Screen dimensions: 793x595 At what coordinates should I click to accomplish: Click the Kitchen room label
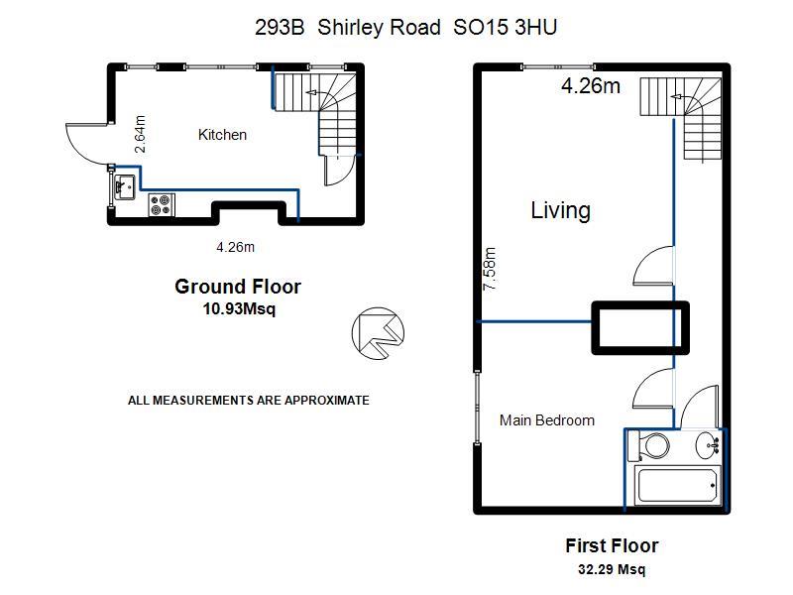(x=222, y=135)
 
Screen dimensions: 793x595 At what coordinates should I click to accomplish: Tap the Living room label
(x=560, y=210)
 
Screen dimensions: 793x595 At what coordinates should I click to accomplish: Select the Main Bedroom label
(x=547, y=420)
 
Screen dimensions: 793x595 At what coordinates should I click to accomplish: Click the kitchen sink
(x=125, y=187)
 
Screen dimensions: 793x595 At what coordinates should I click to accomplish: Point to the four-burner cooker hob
(x=162, y=205)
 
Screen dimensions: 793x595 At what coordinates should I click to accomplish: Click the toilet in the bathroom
(x=648, y=446)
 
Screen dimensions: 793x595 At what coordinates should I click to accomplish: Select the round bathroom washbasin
(x=708, y=445)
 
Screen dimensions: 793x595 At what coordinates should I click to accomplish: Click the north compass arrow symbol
(x=378, y=333)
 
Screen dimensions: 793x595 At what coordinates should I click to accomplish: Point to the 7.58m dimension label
(x=490, y=269)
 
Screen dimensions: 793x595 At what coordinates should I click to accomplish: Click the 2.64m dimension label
(x=140, y=134)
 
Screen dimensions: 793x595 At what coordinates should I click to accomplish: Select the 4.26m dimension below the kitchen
(x=235, y=247)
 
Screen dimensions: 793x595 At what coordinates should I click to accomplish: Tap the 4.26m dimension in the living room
(x=591, y=86)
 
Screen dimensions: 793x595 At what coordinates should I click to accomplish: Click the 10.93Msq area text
(x=239, y=308)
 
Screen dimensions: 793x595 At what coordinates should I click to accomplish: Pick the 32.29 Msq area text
(x=612, y=569)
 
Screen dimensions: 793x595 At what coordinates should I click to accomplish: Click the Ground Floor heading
(x=238, y=287)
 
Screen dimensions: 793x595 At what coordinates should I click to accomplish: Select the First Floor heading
(x=612, y=546)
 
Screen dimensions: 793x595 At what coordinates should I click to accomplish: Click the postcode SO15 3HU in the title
(x=506, y=28)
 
